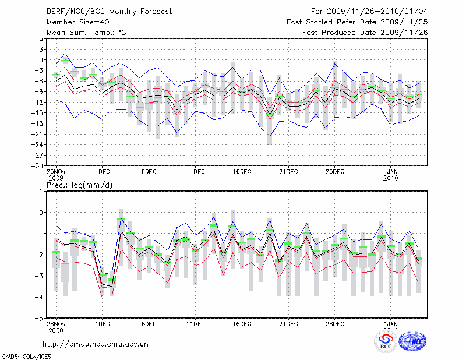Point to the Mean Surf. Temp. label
pos(86,32)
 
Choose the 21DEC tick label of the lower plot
pos(288,324)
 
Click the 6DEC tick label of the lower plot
pos(149,324)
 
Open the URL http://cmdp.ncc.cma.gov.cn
pos(96,344)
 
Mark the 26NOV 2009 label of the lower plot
pos(56,327)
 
